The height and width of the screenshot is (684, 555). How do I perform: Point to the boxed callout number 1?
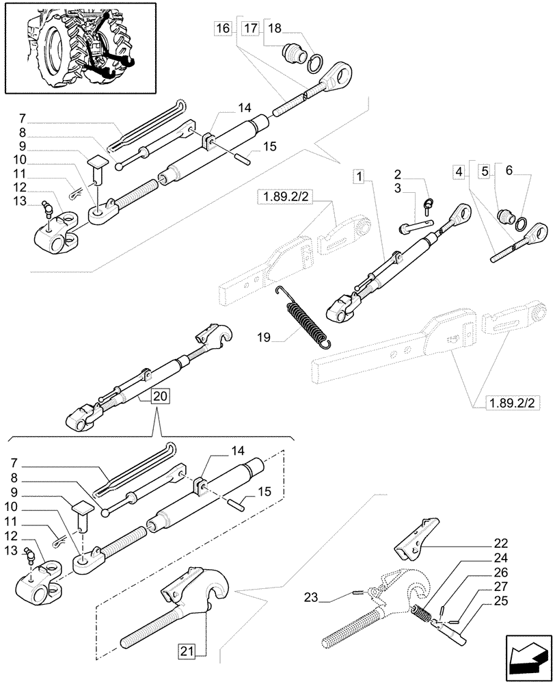tap(358, 176)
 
